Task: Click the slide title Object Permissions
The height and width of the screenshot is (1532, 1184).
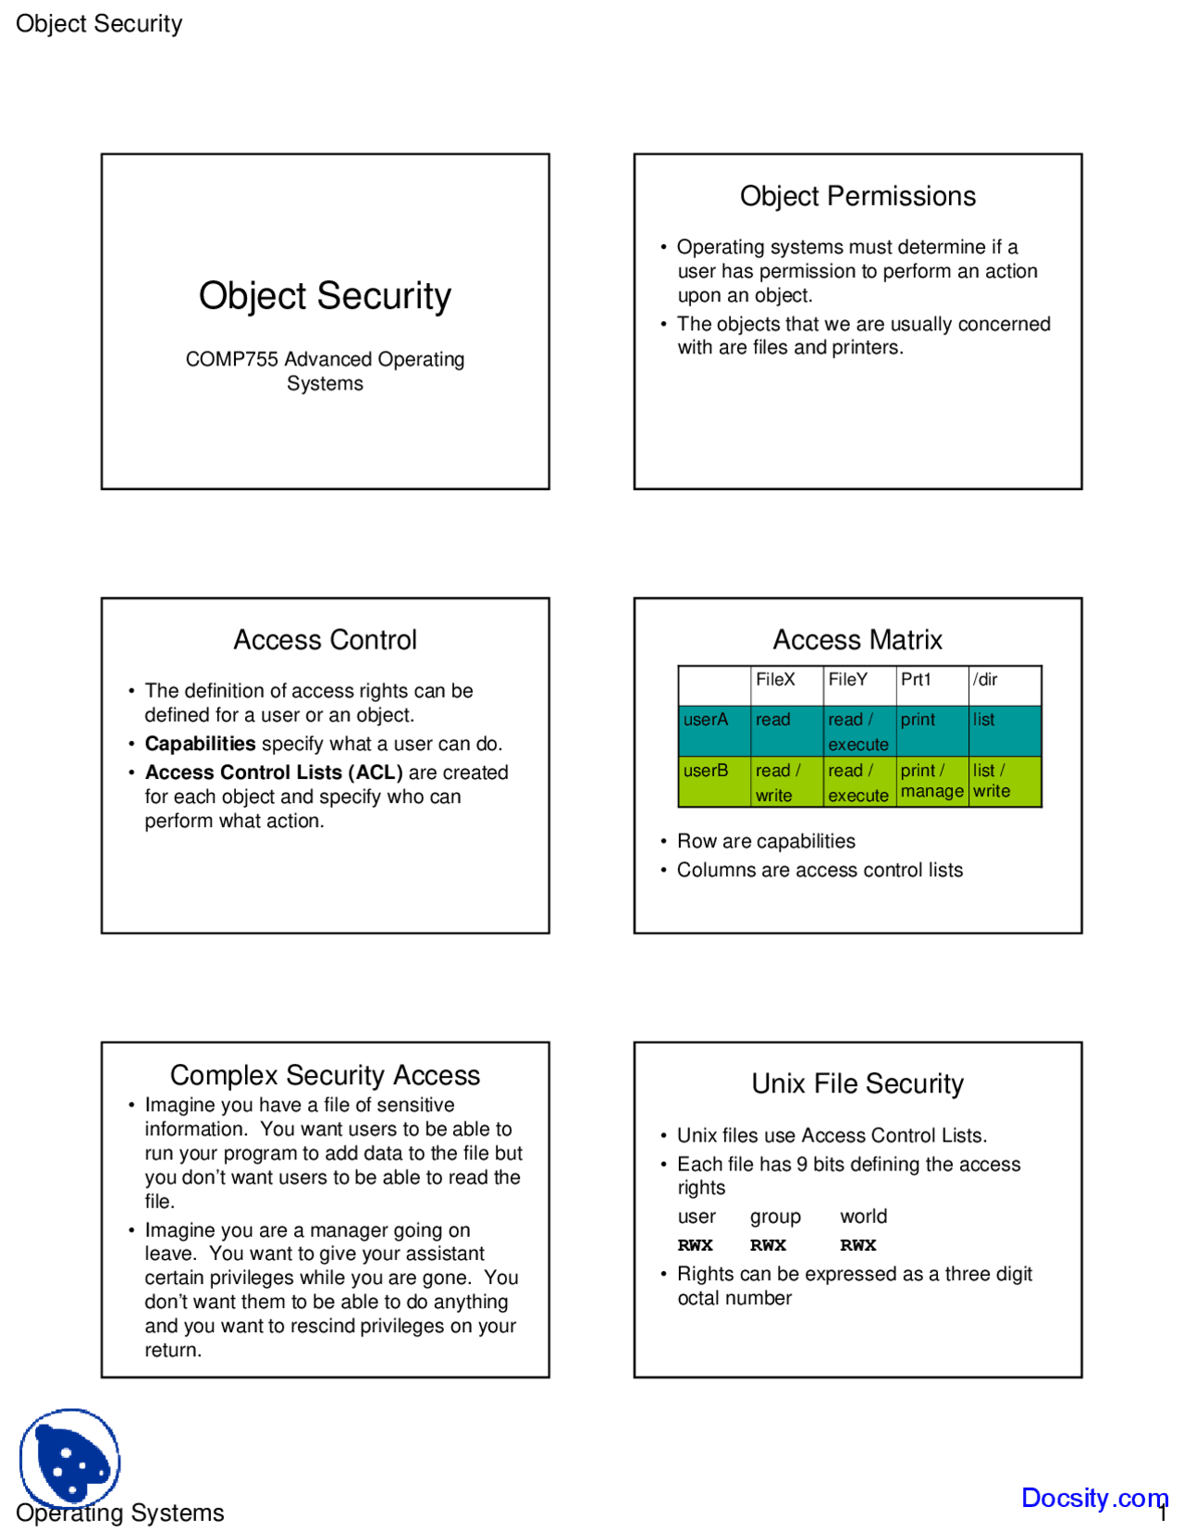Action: click(857, 196)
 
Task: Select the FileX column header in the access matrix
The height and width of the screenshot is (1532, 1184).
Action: click(775, 680)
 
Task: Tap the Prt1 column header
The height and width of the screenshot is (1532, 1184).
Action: click(916, 680)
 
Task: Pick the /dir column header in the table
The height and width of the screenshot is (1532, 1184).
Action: click(985, 680)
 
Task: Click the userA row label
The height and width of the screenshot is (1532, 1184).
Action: click(706, 720)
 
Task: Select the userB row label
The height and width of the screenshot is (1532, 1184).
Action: click(706, 771)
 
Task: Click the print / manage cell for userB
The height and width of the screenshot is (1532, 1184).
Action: click(931, 781)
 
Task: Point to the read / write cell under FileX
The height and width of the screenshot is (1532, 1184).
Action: click(778, 783)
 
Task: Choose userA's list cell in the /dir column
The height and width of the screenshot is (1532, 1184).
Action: click(984, 720)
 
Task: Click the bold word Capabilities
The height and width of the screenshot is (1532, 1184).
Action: click(200, 744)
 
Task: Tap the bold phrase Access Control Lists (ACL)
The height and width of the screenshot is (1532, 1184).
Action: click(274, 772)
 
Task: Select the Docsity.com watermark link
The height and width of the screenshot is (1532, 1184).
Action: click(1093, 1498)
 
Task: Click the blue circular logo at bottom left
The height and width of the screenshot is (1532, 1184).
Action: click(70, 1458)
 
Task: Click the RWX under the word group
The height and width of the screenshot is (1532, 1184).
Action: click(768, 1246)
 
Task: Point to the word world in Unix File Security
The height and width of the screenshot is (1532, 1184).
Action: click(863, 1217)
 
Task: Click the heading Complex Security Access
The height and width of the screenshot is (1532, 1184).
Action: click(325, 1075)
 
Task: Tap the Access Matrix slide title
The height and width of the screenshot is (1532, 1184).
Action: click(857, 640)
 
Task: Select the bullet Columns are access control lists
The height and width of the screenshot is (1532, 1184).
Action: click(820, 871)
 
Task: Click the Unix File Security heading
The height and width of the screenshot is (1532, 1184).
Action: click(857, 1084)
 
